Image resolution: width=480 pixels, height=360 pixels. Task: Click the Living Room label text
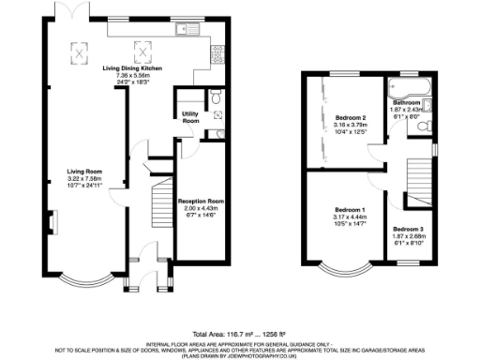pos(83,171)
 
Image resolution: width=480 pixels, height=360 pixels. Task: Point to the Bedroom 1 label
pos(351,209)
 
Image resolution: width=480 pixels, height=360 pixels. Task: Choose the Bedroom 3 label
pos(408,230)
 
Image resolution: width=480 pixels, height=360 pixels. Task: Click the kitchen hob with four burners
pos(217,50)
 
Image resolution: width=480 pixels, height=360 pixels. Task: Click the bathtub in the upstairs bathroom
pos(409,89)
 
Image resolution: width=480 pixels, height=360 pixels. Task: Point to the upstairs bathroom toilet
pos(423,127)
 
